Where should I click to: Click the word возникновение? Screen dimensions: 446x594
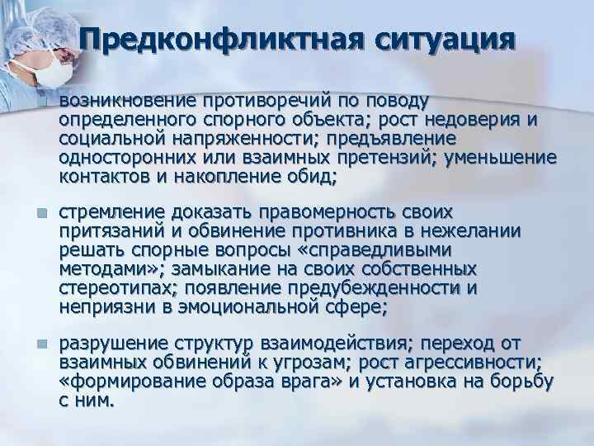[x=126, y=101]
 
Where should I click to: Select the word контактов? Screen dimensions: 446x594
[x=97, y=176]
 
